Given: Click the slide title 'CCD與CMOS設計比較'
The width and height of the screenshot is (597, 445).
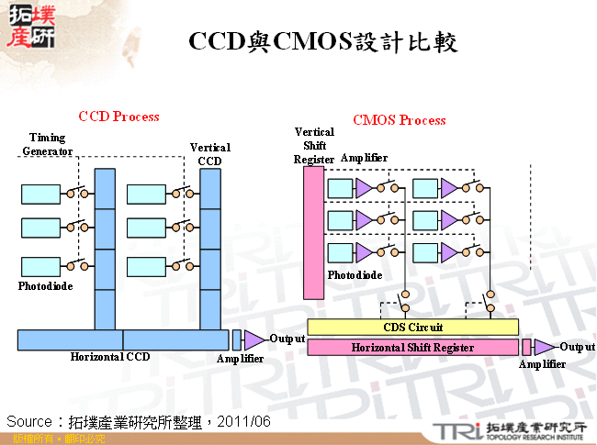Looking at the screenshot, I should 322,41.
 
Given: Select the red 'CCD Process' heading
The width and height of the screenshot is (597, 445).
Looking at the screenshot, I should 118,117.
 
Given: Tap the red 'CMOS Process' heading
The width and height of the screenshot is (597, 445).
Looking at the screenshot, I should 400,120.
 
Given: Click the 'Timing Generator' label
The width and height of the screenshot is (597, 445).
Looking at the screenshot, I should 48,144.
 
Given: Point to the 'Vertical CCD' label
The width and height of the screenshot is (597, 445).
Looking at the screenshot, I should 209,154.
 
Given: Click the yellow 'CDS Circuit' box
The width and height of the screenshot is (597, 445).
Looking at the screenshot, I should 412,328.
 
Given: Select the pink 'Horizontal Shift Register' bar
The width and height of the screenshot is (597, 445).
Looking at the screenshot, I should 412,348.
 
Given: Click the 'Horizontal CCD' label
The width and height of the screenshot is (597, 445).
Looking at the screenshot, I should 110,356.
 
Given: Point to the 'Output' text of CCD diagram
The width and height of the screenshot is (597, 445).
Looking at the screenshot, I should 287,339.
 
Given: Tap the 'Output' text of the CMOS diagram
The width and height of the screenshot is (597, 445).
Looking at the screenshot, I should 577,347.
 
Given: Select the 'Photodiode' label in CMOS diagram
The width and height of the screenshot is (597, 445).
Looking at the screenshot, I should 355,274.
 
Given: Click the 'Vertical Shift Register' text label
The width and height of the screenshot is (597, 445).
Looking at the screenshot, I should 314,145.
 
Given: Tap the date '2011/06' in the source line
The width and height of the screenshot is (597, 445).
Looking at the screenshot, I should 246,421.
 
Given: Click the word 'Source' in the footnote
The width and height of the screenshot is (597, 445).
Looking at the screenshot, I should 29,421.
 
